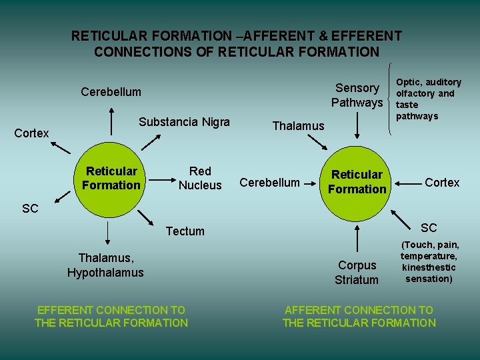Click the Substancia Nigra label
(184, 122)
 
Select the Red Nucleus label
(200, 178)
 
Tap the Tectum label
(185, 231)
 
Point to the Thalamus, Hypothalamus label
(105, 265)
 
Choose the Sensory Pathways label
(357, 95)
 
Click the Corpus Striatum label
(357, 273)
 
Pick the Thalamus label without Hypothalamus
(298, 126)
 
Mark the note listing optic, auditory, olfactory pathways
(428, 99)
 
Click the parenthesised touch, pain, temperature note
(429, 262)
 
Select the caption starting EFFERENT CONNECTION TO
(111, 316)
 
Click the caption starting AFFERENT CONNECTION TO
(359, 316)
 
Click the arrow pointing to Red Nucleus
(160, 179)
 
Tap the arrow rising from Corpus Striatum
(358, 237)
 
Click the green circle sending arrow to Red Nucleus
(111, 179)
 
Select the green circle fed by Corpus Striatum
(358, 181)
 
